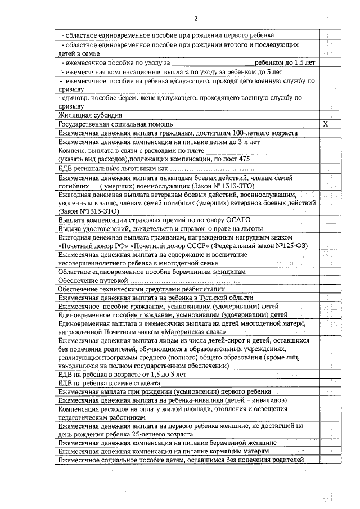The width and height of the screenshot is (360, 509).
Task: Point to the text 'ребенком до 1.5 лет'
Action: click(x=285, y=62)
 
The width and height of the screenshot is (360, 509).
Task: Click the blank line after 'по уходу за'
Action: click(x=211, y=63)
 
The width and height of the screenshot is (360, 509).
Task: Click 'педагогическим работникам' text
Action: click(x=102, y=418)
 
